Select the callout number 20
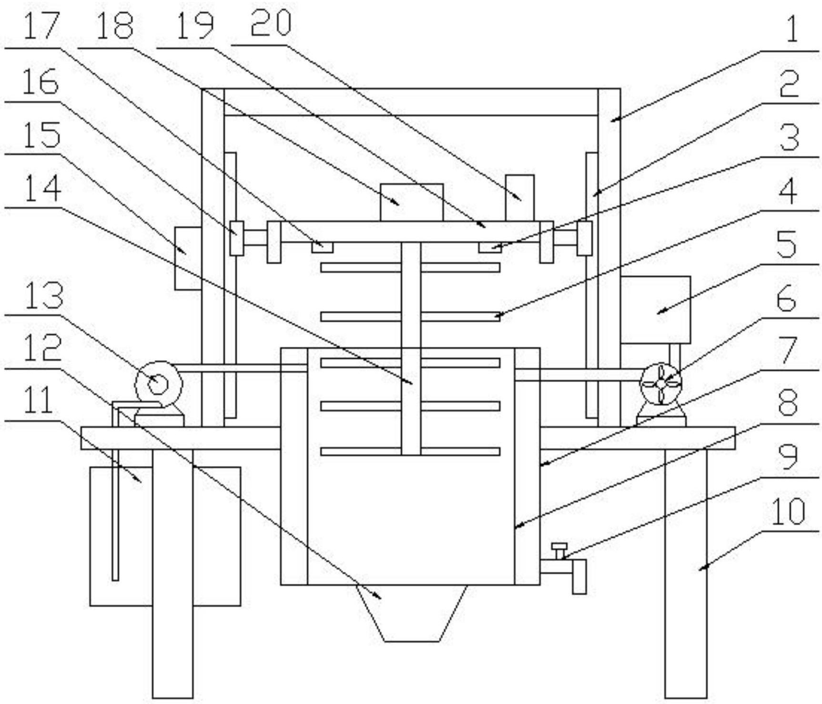(x=270, y=24)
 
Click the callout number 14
(x=42, y=188)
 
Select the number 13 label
(x=43, y=296)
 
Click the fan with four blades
(x=661, y=383)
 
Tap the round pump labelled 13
(x=158, y=383)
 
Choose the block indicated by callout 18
(x=412, y=202)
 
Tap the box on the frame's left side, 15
(x=188, y=258)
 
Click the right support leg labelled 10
(x=686, y=572)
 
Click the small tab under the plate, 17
(x=322, y=247)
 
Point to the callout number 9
(x=789, y=457)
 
